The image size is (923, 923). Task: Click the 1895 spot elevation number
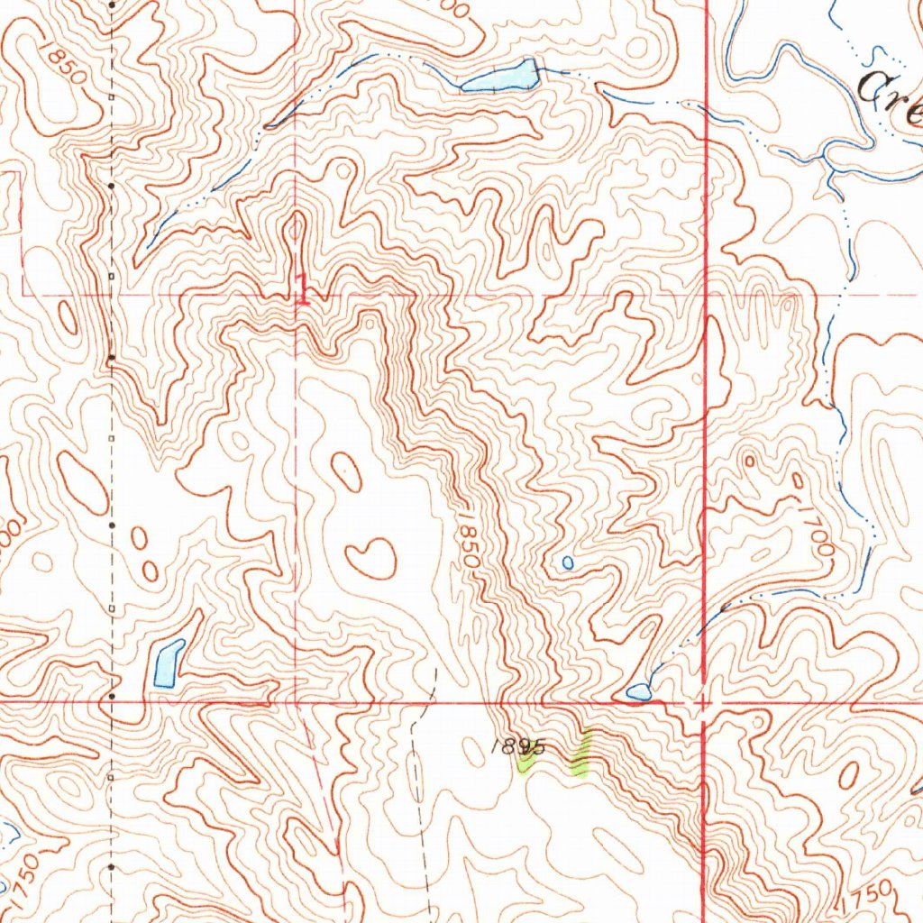pos(519,746)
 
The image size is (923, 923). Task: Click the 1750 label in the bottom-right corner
pos(867,899)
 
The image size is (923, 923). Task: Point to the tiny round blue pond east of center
pos(567,562)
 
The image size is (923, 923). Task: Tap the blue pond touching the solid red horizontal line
pos(638,691)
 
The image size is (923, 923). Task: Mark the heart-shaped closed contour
pos(370,557)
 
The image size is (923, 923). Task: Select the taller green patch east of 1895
pos(582,754)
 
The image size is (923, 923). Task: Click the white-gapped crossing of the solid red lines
pos(704,699)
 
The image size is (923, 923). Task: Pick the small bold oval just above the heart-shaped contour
pos(345,467)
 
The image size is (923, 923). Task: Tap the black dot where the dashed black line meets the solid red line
pos(111,697)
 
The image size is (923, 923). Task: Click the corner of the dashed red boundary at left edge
pos(22,294)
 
